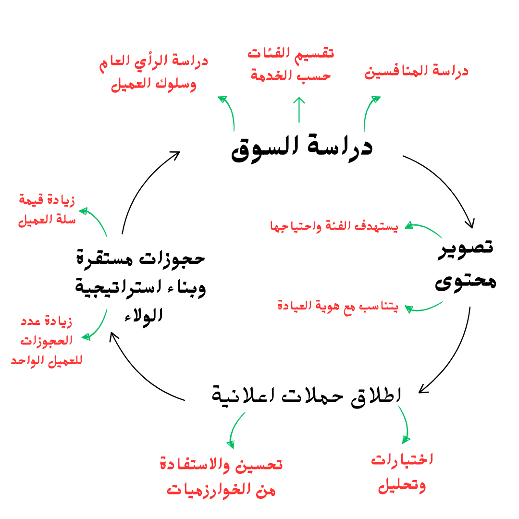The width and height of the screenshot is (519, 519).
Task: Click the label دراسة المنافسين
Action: pyautogui.click(x=416, y=72)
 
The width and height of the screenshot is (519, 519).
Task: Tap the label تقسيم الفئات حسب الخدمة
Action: pyautogui.click(x=291, y=63)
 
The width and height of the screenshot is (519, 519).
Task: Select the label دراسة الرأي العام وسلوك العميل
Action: pyautogui.click(x=154, y=72)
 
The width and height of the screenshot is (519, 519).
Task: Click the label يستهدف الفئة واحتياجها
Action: pyautogui.click(x=334, y=226)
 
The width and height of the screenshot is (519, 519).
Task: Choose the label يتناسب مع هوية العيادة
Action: pyautogui.click(x=338, y=306)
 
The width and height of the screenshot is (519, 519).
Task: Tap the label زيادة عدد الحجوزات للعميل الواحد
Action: pyautogui.click(x=47, y=340)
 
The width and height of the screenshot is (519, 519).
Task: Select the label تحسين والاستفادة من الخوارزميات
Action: pyautogui.click(x=221, y=477)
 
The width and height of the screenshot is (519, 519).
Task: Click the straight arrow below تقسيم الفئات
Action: pyautogui.click(x=299, y=110)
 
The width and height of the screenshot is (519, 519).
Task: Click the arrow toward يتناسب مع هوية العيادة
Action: pyautogui.click(x=424, y=308)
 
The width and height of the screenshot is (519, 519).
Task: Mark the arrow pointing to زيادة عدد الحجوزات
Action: pyautogui.click(x=97, y=326)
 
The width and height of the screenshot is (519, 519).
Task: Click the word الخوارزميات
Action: pyautogui.click(x=207, y=490)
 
